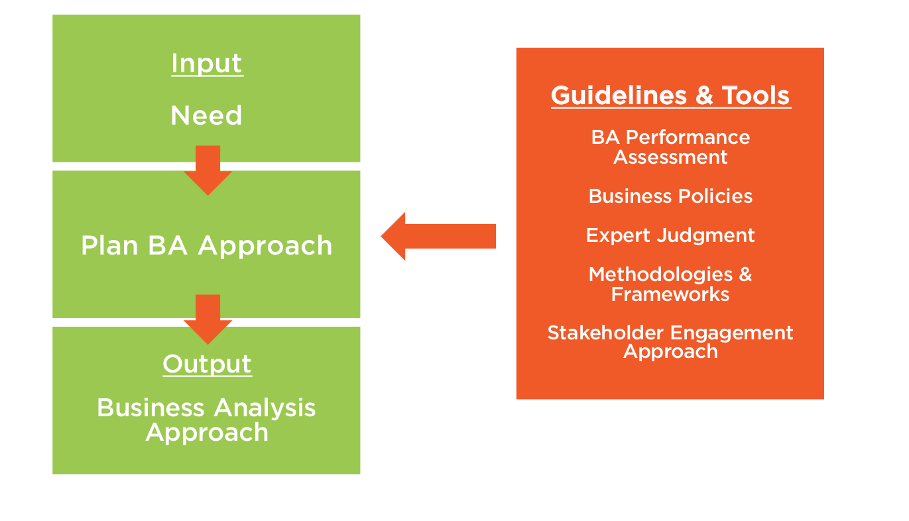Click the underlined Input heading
coord(207,64)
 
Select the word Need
coord(206,116)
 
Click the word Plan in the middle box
coord(109,246)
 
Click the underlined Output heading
coord(207,364)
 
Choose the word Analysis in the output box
coord(265,408)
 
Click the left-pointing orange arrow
coord(438,236)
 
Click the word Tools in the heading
coord(756,96)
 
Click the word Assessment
coord(670,157)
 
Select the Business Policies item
coord(670,196)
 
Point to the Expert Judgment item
coord(670,235)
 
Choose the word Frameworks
coord(670,294)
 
